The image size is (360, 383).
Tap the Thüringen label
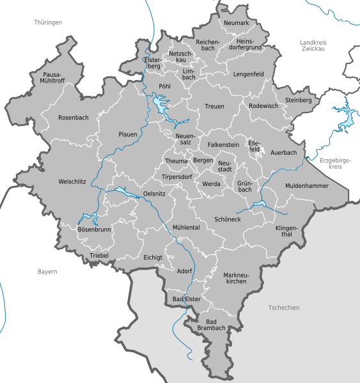tap(48, 22)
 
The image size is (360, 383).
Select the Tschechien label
tap(283, 308)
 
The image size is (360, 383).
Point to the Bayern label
tap(47, 272)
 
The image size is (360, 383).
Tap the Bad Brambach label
tap(211, 324)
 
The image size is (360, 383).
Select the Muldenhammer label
tap(306, 185)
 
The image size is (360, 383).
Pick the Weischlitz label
tap(72, 182)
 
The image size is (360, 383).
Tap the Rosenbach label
tap(73, 118)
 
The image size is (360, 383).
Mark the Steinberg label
tap(299, 100)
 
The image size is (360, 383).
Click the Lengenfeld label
tap(248, 74)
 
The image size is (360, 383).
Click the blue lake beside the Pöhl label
tap(159, 101)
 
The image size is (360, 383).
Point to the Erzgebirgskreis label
tap(331, 162)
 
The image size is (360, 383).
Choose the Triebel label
tap(99, 256)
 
